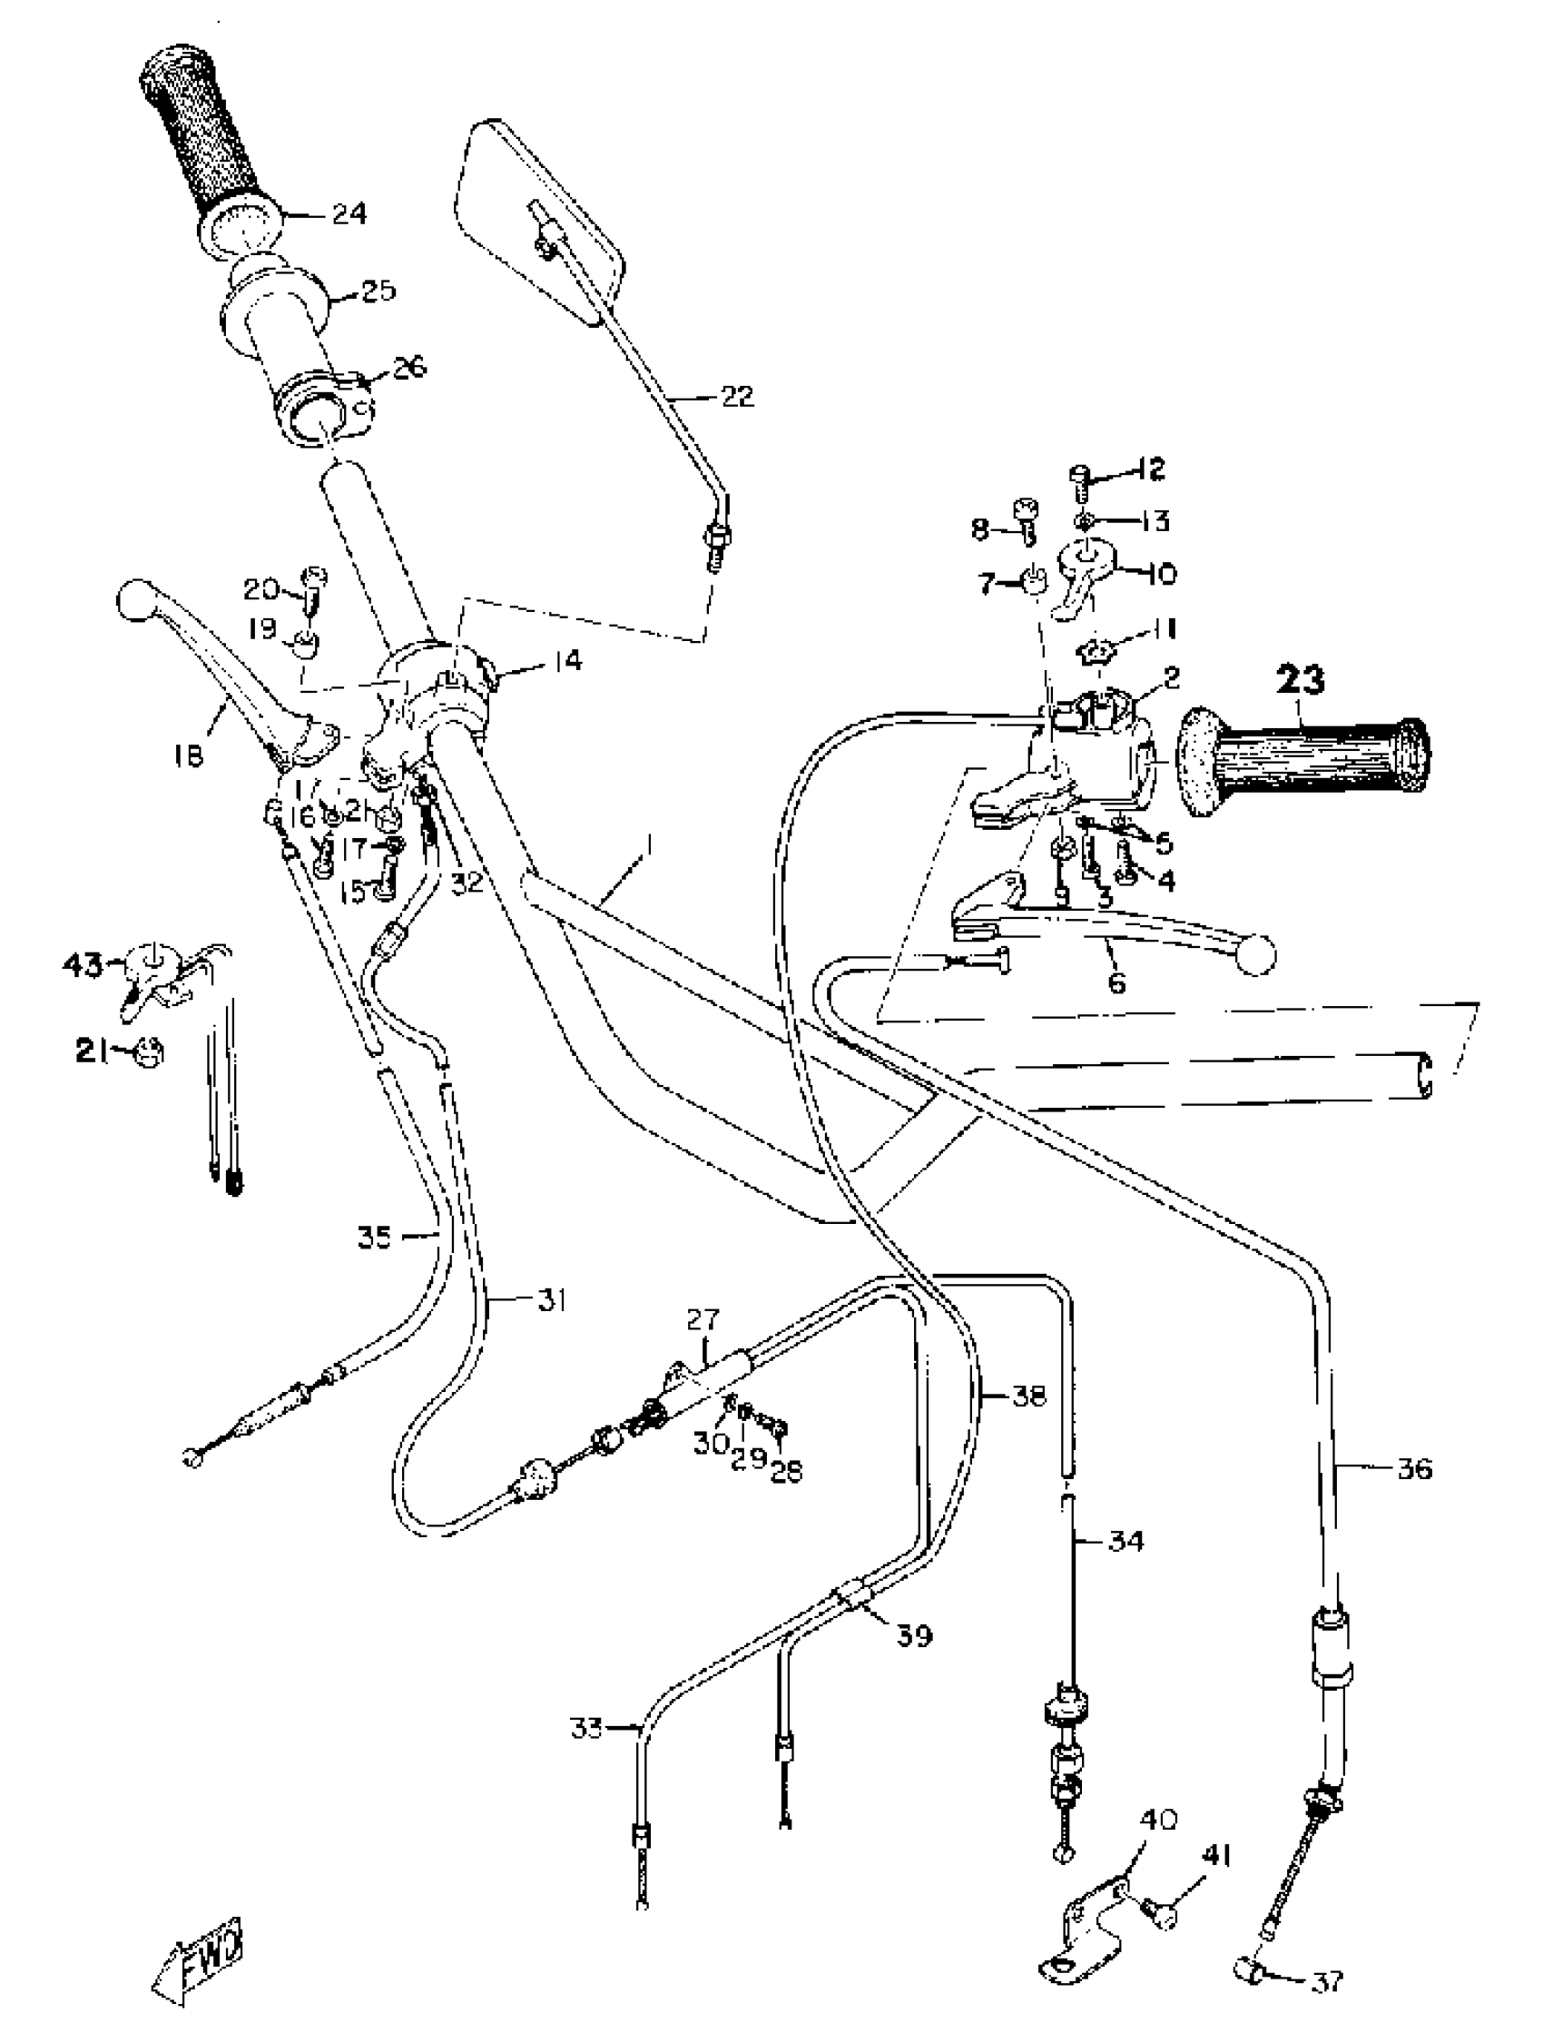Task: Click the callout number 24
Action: [349, 213]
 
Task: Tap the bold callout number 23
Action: [1301, 680]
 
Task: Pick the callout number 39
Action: [914, 1635]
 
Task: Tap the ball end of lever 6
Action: [1257, 955]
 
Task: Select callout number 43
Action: [84, 965]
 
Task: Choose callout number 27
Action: [703, 1321]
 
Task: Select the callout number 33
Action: [586, 1729]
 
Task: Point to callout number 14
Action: [568, 660]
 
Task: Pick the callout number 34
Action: [1126, 1540]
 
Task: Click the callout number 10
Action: [1163, 575]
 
